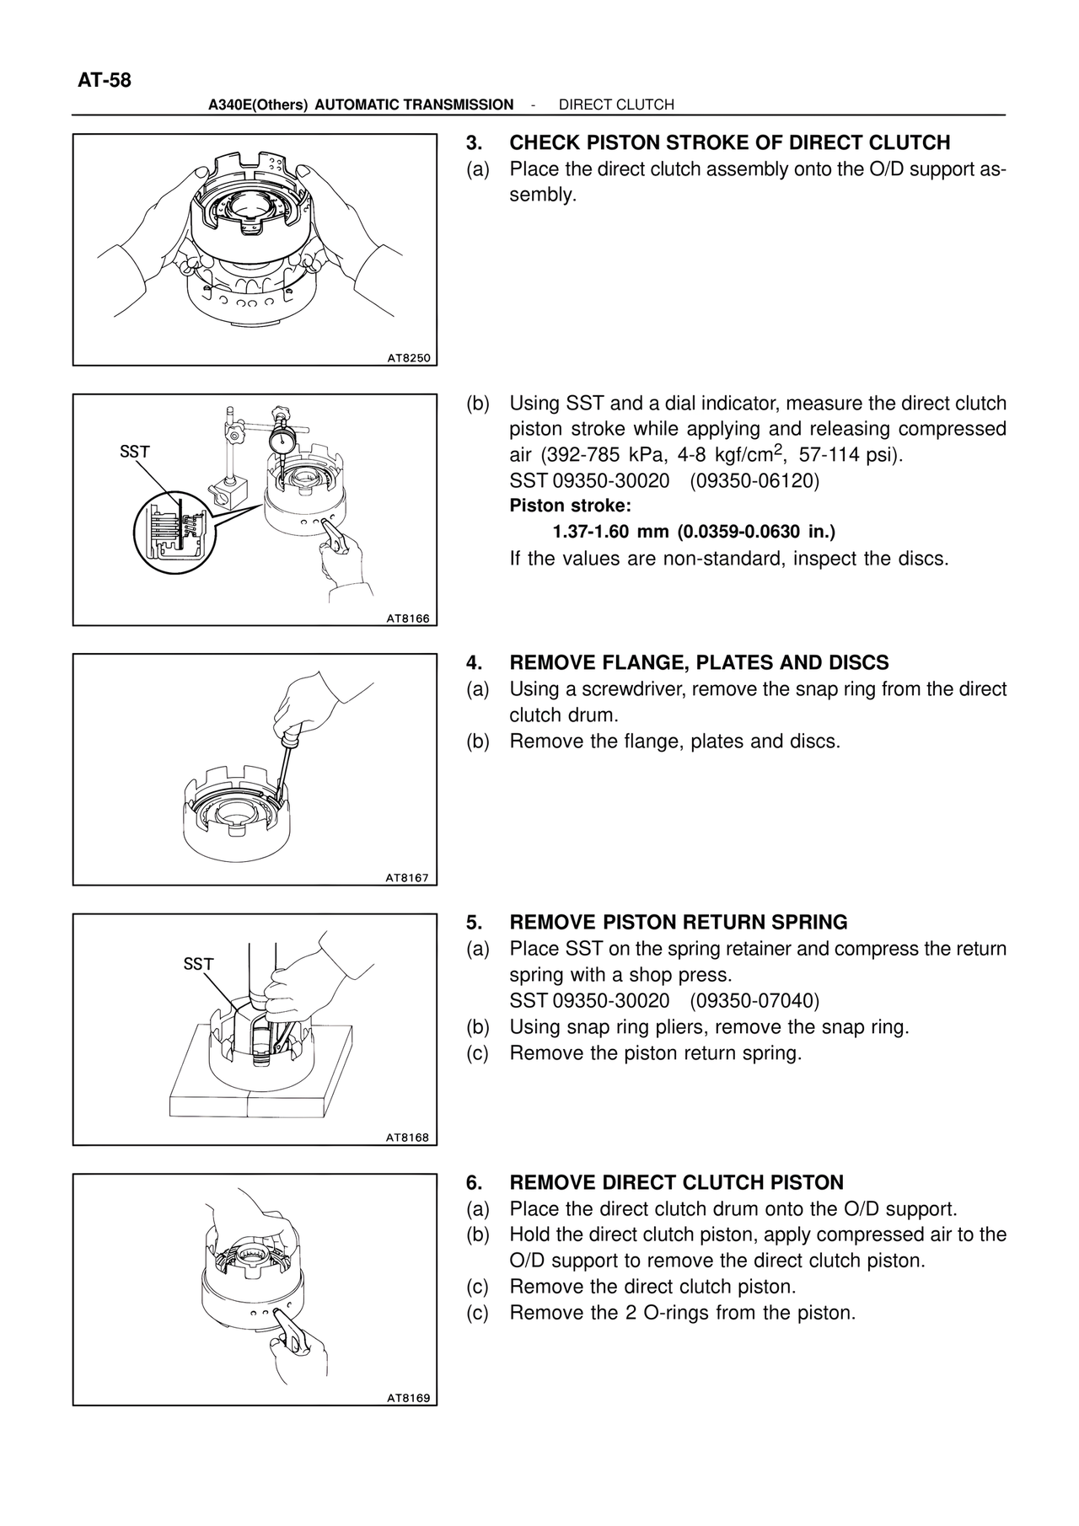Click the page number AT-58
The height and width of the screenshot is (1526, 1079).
tap(105, 81)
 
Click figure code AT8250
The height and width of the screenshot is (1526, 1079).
tap(408, 358)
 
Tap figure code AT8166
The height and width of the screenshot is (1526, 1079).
tap(408, 618)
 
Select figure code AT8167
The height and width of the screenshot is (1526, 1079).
tap(408, 878)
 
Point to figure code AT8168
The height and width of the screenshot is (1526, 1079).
tap(408, 1138)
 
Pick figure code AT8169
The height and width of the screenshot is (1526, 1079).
tap(408, 1398)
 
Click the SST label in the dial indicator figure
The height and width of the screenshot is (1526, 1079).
tap(135, 452)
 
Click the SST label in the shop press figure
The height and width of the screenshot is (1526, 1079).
tap(199, 964)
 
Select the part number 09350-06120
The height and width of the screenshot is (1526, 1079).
tap(754, 481)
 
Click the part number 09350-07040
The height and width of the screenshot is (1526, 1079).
tap(754, 1001)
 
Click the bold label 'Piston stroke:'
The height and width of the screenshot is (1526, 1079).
tap(570, 506)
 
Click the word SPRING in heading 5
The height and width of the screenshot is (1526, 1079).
tap(809, 923)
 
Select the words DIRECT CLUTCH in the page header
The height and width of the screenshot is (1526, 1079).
tap(616, 104)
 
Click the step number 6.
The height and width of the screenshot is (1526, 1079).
tap(474, 1183)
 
